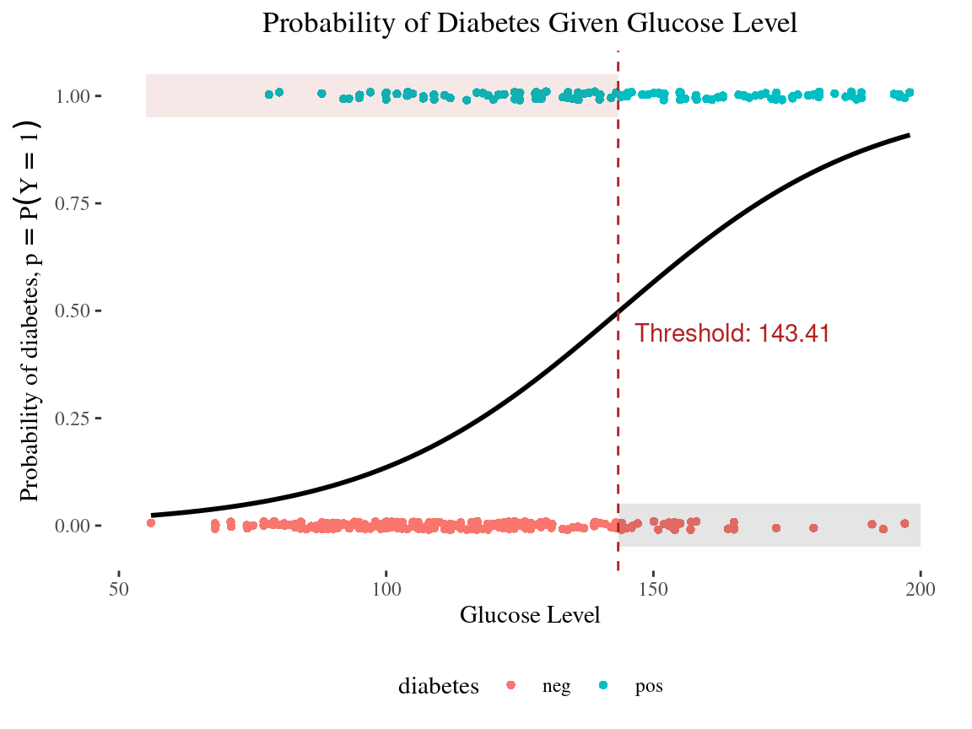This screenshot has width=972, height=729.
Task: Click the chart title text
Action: [x=530, y=24]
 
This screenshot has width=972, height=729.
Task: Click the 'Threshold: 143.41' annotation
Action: [x=732, y=333]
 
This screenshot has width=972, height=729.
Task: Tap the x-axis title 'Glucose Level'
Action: [x=530, y=615]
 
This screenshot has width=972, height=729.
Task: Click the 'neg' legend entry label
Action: [x=556, y=686]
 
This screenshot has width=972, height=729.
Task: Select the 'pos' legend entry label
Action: [x=649, y=686]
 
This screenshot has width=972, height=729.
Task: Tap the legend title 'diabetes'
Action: [x=439, y=686]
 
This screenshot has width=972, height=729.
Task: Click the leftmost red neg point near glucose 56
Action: [x=151, y=523]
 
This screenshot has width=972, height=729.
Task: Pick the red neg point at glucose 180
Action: [x=813, y=528]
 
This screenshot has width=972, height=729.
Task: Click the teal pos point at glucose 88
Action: [x=321, y=94]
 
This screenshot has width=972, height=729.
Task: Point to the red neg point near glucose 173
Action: [x=776, y=528]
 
